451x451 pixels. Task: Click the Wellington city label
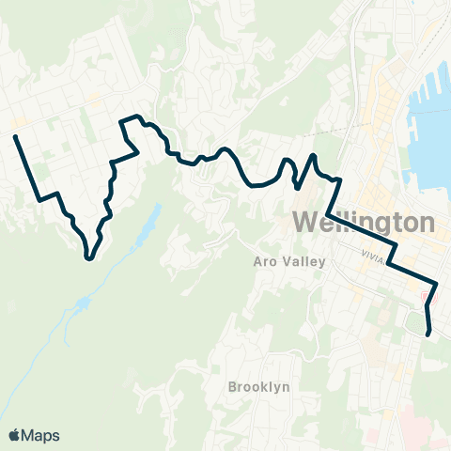[365, 224]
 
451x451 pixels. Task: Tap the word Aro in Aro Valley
[265, 262]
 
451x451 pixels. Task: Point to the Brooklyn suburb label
[258, 386]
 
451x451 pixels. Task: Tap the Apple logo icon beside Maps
[15, 435]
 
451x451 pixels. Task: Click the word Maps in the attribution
[40, 435]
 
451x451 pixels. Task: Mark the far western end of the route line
[16, 138]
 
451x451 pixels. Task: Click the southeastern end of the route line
[429, 333]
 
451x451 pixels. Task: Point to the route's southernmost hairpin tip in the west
[88, 256]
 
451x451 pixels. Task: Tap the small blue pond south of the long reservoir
[84, 303]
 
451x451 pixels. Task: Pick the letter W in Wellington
[306, 224]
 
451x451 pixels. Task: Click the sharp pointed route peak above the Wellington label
[314, 155]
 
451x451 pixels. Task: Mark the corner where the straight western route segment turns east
[39, 197]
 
